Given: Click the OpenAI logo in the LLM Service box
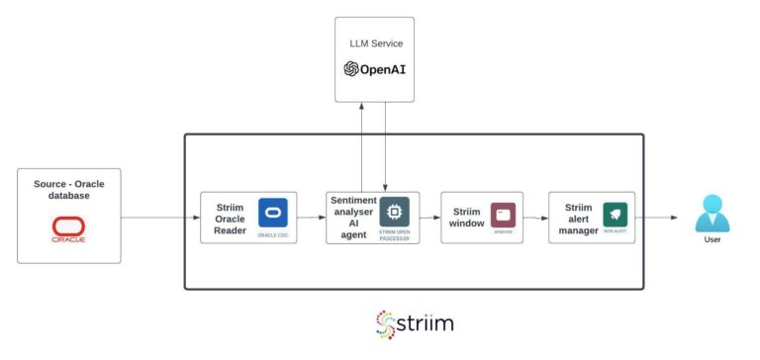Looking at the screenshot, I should tap(373, 68).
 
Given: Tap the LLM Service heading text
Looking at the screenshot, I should tap(376, 44).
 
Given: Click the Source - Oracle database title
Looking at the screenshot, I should tap(68, 188).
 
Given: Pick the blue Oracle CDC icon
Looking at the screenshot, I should tap(272, 213).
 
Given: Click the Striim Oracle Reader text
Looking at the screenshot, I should tap(230, 219).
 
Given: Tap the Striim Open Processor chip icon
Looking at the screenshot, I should tap(394, 212).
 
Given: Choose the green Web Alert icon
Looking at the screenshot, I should tap(615, 215).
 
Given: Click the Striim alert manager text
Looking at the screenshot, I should tap(578, 219).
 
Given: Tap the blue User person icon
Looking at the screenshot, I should tap(712, 213).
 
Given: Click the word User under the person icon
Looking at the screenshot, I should tap(712, 239).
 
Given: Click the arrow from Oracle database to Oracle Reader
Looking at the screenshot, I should tap(159, 218).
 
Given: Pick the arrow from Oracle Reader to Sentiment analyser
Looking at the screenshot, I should tap(310, 218).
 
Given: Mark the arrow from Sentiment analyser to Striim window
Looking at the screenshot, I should tap(430, 218).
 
